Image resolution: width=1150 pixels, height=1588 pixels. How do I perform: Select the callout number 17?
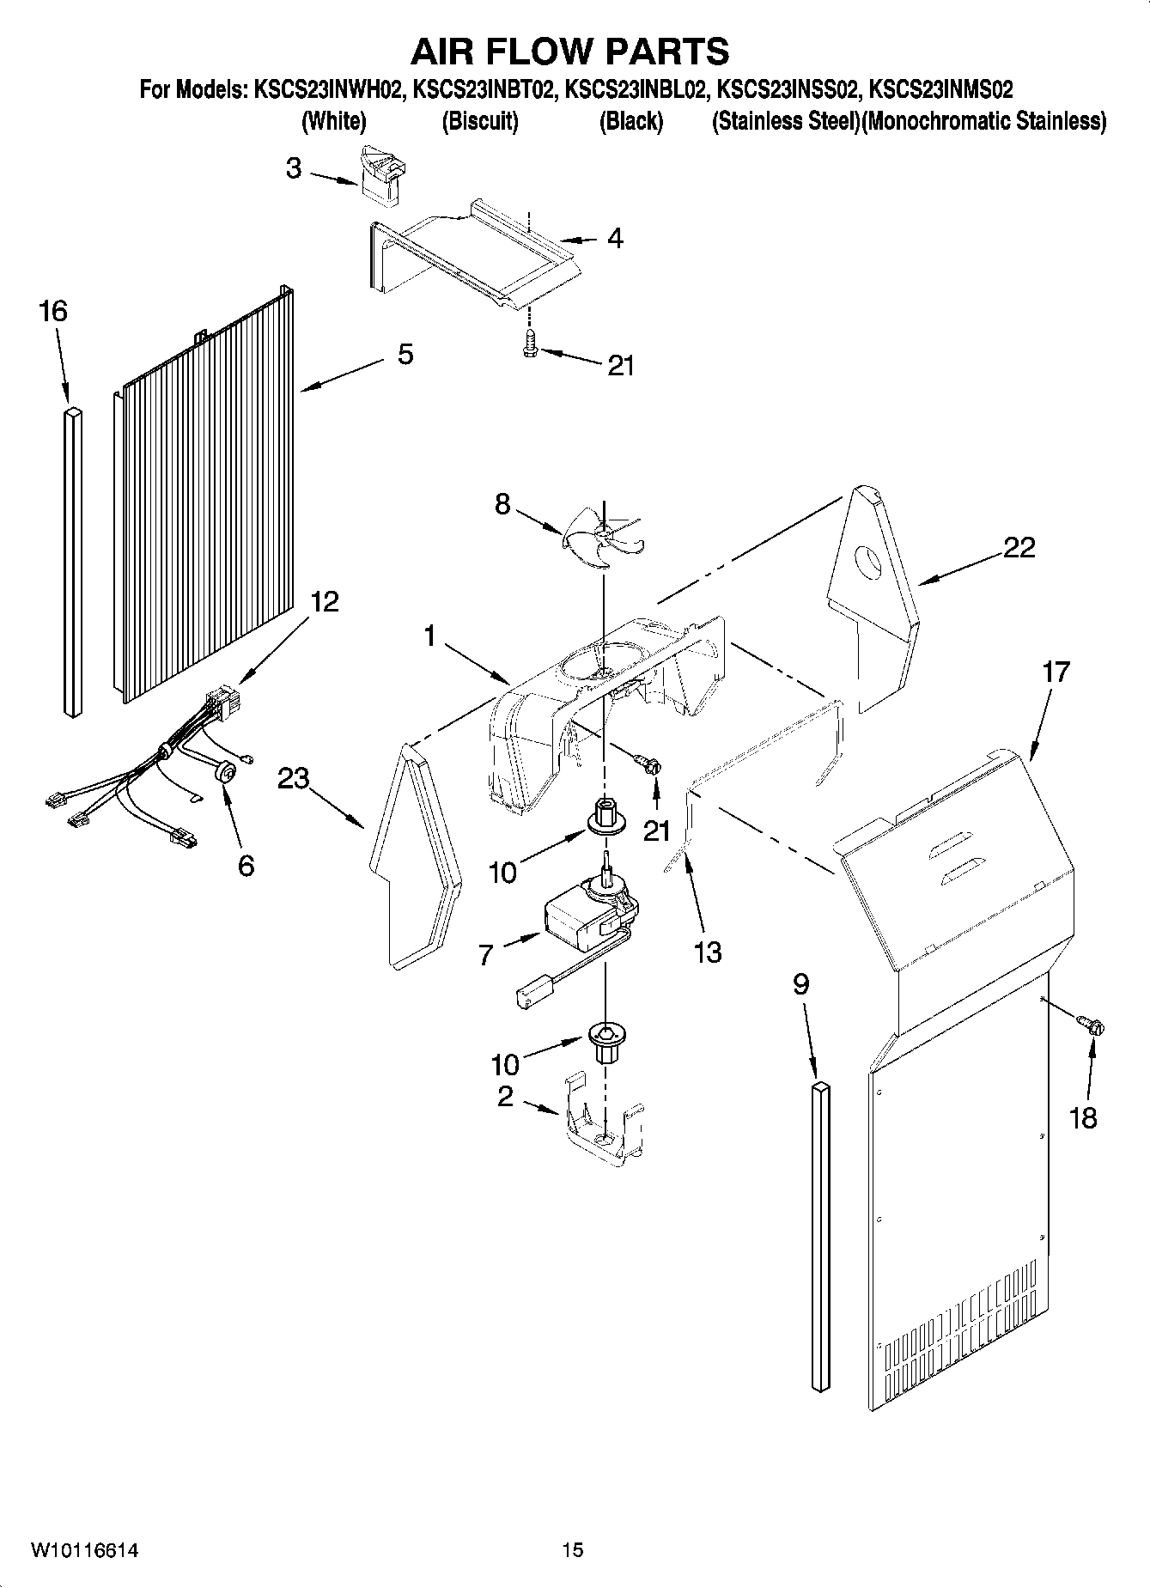[x=1056, y=672]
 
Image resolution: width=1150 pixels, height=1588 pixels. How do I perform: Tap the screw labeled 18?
[x=1092, y=1025]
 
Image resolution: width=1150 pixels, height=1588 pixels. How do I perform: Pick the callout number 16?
[x=53, y=311]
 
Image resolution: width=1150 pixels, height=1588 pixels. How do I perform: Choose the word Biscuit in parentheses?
[x=480, y=121]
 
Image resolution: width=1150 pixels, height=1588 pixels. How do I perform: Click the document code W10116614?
[x=85, y=1550]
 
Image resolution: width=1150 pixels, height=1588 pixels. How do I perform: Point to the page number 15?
[x=573, y=1550]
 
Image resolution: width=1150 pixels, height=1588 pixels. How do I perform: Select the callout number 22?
[x=1019, y=547]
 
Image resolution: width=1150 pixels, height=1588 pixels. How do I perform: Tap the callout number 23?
[x=294, y=779]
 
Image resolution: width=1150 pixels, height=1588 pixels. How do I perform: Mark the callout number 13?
[x=708, y=952]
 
